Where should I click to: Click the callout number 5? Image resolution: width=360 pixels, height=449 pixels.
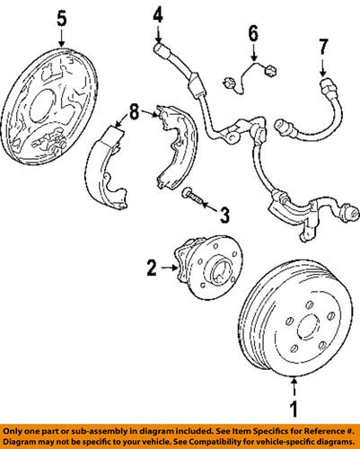coord(62,19)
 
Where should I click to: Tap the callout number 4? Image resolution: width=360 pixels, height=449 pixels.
coord(158,15)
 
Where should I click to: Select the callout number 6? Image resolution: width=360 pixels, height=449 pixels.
coord(253,33)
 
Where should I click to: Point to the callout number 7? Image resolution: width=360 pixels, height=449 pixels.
coord(323,47)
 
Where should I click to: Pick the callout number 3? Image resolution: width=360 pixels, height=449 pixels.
coord(224,215)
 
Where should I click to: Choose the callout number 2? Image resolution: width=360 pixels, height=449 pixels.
coord(152,268)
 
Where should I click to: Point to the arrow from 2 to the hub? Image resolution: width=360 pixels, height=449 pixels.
coord(170,268)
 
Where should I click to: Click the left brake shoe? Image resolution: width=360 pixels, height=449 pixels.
coord(107,167)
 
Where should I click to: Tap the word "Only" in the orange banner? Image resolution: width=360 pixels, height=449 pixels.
coord(13,431)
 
